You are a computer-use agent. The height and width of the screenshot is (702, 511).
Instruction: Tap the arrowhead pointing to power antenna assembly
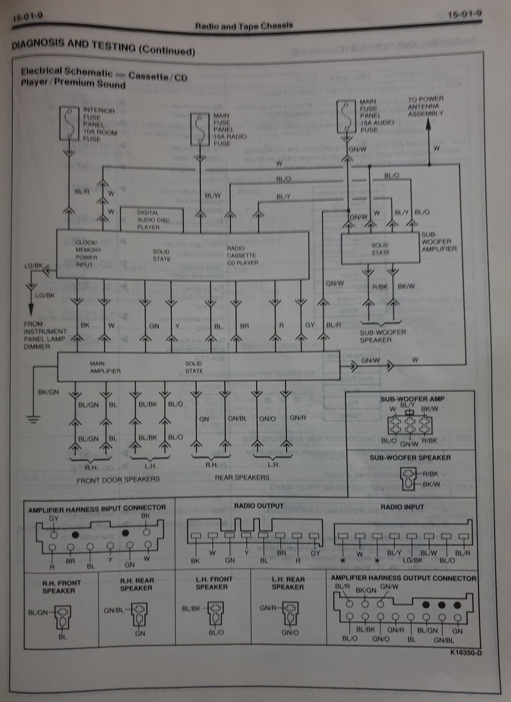(x=429, y=123)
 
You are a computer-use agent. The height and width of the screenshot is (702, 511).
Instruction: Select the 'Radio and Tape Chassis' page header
(x=244, y=25)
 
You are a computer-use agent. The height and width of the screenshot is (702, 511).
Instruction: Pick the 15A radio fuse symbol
(x=200, y=129)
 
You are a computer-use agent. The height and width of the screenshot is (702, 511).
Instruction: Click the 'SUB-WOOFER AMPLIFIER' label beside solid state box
(x=439, y=241)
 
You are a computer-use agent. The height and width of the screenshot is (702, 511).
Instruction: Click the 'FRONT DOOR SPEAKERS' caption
(x=118, y=479)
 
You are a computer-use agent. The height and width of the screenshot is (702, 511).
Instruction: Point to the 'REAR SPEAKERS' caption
(x=242, y=477)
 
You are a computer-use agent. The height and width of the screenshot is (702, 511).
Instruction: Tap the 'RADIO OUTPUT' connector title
(x=259, y=505)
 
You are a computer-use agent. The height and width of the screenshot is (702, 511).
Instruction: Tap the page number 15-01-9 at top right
(x=463, y=12)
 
